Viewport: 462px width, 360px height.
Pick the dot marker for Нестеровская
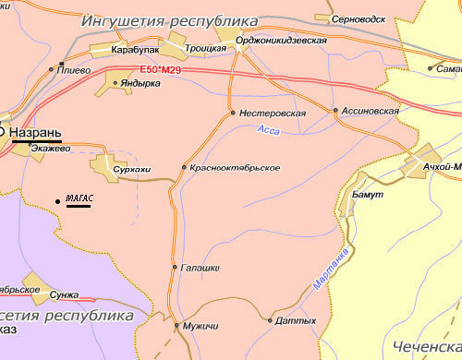pyautogui.click(x=232, y=114)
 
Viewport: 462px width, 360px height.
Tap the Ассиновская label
pyautogui.click(x=370, y=111)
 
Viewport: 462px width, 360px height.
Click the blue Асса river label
pyautogui.click(x=268, y=132)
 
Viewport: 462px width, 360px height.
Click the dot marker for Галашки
pyautogui.click(x=175, y=267)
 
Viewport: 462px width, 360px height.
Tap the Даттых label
pyautogui.click(x=296, y=321)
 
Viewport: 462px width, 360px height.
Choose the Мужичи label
pyautogui.click(x=201, y=326)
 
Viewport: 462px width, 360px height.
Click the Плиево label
pyautogui.click(x=74, y=69)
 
